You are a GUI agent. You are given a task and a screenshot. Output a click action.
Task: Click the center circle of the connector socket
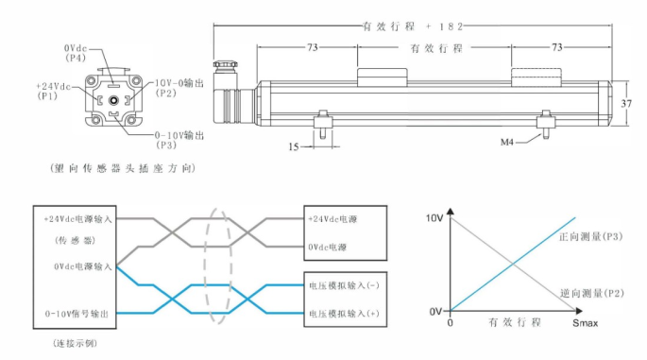(112, 100)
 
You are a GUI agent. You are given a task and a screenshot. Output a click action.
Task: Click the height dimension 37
(626, 102)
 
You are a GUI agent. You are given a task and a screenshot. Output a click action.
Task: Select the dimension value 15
(294, 146)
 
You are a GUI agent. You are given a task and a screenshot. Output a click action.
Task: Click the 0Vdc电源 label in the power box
(328, 247)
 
